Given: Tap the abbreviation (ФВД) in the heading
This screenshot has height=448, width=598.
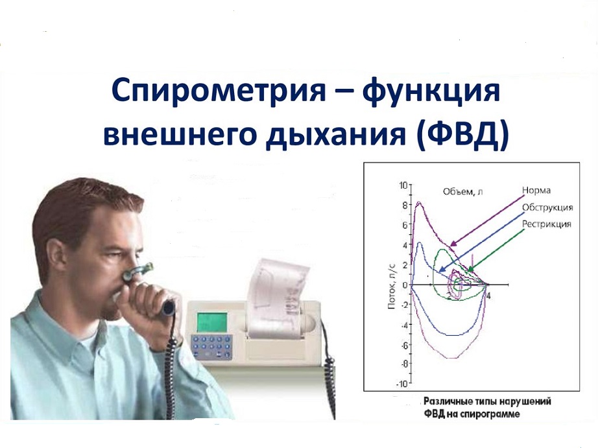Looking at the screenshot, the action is click(462, 135).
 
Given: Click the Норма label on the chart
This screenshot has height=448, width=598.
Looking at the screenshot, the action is click(536, 190).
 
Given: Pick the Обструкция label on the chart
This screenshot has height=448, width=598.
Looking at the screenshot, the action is click(547, 207).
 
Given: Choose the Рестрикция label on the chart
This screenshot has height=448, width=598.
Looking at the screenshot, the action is click(547, 224).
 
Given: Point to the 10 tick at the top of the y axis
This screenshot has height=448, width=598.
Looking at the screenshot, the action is click(403, 185).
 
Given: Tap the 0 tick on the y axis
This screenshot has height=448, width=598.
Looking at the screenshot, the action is click(405, 285).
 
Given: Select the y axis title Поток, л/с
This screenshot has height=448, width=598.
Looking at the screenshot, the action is click(392, 286).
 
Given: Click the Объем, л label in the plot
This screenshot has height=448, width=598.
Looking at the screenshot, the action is click(462, 191).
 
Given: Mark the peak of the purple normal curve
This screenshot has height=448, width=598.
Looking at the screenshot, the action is click(419, 202).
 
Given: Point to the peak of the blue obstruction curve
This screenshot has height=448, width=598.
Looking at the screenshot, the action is click(420, 242).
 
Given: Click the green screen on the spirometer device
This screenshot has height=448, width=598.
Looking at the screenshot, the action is click(211, 322).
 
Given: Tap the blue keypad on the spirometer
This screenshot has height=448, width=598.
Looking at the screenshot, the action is click(211, 347).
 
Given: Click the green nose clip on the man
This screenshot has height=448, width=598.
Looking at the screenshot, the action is click(138, 271).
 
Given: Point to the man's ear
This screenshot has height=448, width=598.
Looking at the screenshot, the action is click(55, 257).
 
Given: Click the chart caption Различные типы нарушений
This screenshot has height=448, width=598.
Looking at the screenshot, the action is click(487, 401).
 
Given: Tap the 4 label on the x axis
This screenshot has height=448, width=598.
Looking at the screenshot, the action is click(488, 296).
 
